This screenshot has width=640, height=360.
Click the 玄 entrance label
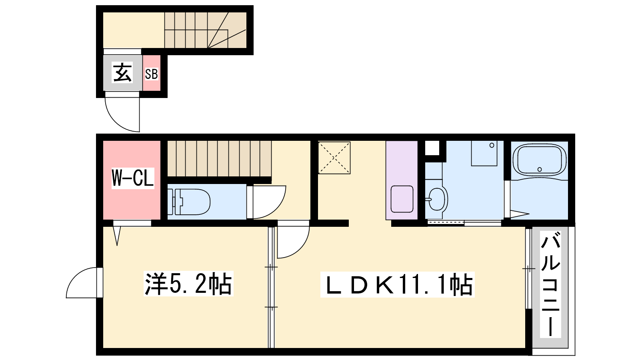click(123, 73)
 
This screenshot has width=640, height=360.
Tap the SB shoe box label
click(152, 74)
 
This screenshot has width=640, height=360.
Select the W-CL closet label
click(132, 178)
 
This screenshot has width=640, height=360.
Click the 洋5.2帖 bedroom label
click(188, 284)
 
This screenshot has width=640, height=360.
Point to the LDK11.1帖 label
click(397, 284)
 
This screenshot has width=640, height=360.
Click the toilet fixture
click(188, 202)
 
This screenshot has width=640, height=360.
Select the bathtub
click(540, 160)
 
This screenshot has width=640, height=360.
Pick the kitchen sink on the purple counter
click(402, 199)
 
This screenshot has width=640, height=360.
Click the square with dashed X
click(334, 158)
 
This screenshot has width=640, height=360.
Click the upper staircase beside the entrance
click(205, 30)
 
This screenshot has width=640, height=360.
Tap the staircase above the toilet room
click(219, 158)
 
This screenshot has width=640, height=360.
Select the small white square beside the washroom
click(432, 148)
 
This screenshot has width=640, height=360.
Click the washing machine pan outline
click(484, 153)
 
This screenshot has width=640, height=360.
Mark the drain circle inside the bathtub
click(540, 170)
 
